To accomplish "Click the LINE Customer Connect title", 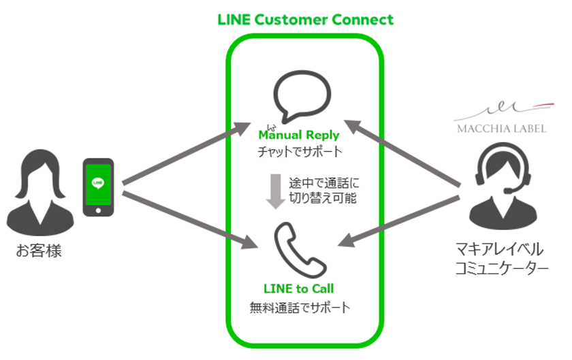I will click(x=305, y=19).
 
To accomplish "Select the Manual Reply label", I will click(x=298, y=135).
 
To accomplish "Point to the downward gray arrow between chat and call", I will click(x=275, y=191).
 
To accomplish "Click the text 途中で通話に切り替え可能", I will click(x=323, y=191).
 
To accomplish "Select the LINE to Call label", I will click(x=298, y=289).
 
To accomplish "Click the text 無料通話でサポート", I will click(x=300, y=308).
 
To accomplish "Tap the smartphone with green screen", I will click(x=98, y=187).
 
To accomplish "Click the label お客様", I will click(x=39, y=251).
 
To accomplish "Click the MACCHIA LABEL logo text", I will click(x=500, y=128).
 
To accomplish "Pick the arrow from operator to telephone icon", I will click(x=409, y=220).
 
